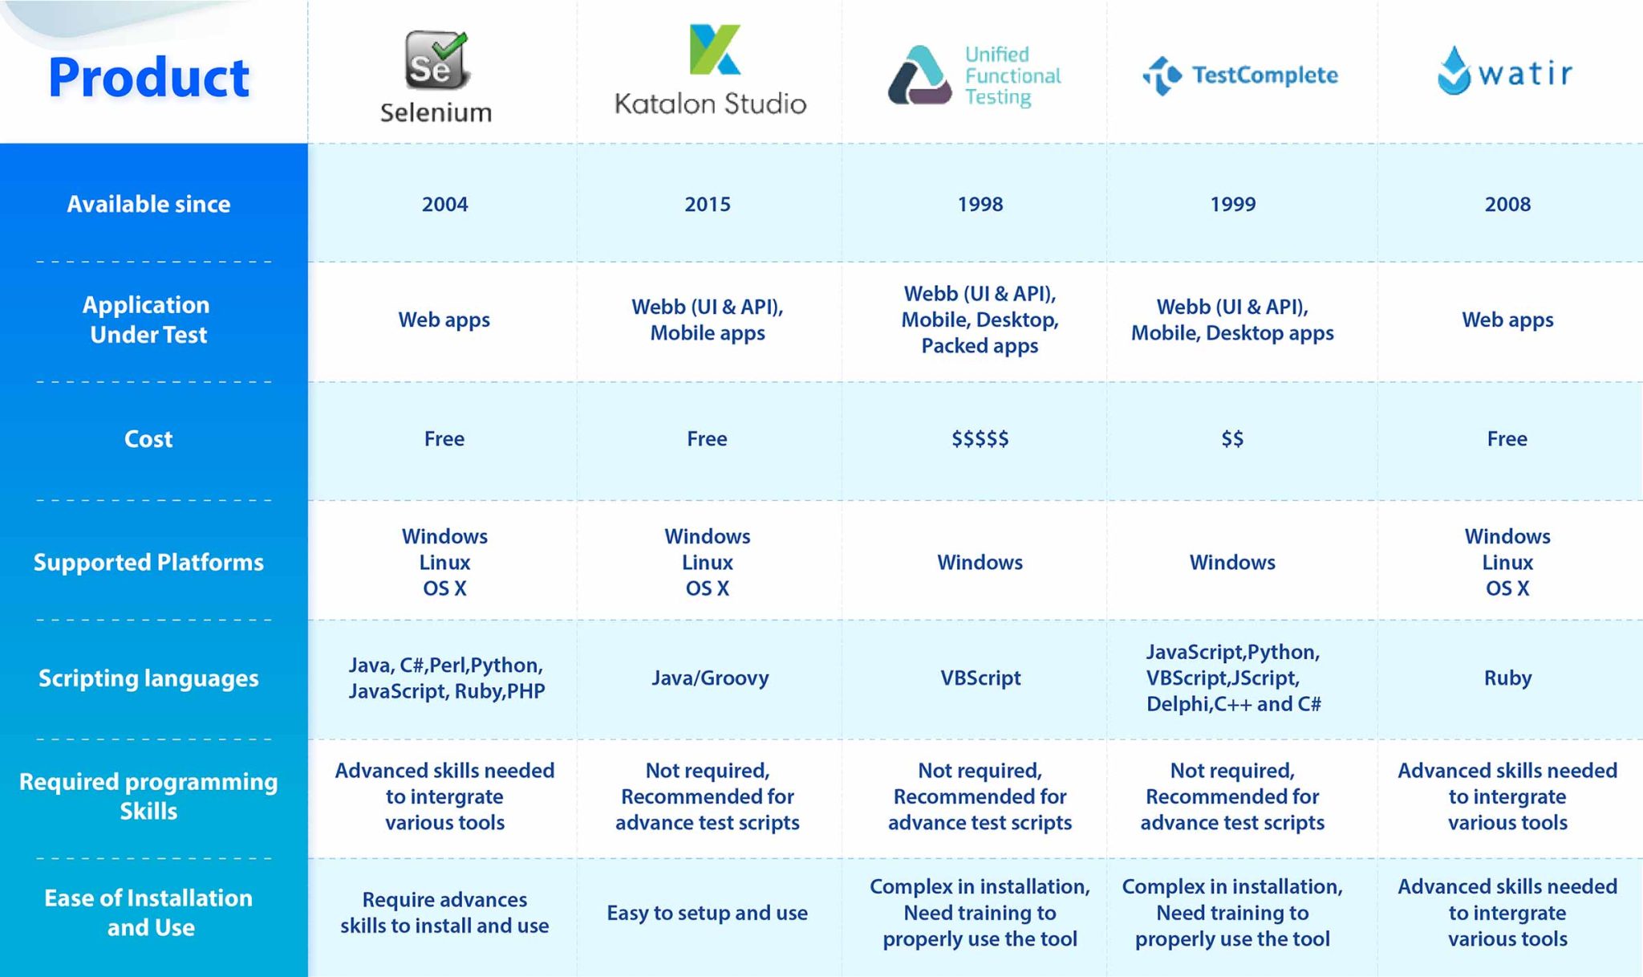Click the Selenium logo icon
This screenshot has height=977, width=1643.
pos(436,60)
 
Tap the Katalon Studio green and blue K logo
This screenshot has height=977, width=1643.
pos(714,50)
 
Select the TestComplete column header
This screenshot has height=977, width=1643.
pos(1240,75)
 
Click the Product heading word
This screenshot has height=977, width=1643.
pos(148,78)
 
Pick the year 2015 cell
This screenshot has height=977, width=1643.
pos(707,204)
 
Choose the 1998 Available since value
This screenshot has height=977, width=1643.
pos(980,204)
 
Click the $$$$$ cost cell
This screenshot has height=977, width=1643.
pos(980,438)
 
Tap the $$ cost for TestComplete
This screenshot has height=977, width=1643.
pos(1232,438)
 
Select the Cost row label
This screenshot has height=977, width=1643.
pos(148,438)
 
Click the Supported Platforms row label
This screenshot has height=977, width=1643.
pos(148,562)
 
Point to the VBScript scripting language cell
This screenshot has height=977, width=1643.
pos(980,678)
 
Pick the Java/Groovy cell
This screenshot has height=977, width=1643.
pos(710,678)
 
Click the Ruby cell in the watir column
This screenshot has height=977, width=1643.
pos(1507,678)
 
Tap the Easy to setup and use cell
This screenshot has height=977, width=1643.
pos(707,913)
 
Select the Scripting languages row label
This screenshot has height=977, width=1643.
pos(148,678)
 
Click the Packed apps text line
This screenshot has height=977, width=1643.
pos(980,346)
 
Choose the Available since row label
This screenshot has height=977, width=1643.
pos(148,204)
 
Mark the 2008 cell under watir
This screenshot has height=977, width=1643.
pos(1507,204)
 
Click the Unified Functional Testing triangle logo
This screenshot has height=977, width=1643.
pos(919,75)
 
